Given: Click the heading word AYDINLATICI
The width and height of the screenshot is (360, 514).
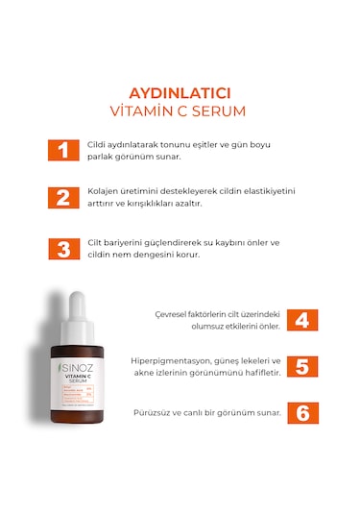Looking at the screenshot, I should click(x=180, y=94).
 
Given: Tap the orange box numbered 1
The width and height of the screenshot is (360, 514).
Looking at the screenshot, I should click(x=62, y=150).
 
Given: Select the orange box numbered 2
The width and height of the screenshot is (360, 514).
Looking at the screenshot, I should click(x=62, y=198).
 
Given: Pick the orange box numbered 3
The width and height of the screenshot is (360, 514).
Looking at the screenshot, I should click(x=62, y=249).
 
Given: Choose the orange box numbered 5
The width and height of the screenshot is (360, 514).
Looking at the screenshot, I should click(x=300, y=367).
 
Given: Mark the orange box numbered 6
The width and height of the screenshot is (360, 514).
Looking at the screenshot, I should click(x=300, y=413).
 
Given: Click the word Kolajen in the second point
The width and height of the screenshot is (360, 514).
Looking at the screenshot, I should click(x=103, y=191).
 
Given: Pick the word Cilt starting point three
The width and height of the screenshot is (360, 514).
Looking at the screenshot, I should click(x=95, y=242).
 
